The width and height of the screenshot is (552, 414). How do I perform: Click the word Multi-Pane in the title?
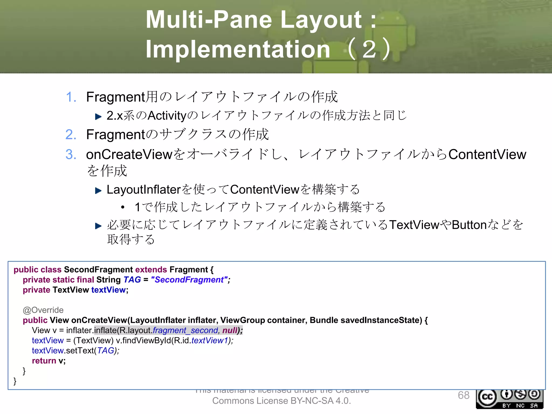tap(209, 19)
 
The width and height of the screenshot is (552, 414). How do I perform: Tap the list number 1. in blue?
tap(71, 97)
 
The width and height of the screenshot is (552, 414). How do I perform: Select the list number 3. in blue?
tap(71, 154)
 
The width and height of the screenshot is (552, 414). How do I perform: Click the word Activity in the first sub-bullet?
tap(167, 116)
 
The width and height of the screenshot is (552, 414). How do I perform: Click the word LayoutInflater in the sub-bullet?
tap(143, 189)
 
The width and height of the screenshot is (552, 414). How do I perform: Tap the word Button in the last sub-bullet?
tap(469, 225)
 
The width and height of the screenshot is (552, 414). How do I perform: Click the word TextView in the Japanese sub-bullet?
tap(414, 225)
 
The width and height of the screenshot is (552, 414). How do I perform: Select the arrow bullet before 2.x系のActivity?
tap(98, 117)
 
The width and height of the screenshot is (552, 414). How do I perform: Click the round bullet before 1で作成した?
tap(123, 207)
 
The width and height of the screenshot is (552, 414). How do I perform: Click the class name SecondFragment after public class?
tap(98, 270)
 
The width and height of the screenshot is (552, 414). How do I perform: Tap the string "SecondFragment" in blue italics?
tap(189, 280)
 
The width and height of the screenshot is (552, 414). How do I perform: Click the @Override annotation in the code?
tap(43, 310)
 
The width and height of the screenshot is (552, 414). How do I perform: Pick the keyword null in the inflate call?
tap(229, 330)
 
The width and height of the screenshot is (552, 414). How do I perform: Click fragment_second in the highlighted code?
tap(185, 330)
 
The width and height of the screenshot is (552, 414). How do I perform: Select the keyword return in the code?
tap(44, 361)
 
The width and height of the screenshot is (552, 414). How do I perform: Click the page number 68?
tap(463, 395)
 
